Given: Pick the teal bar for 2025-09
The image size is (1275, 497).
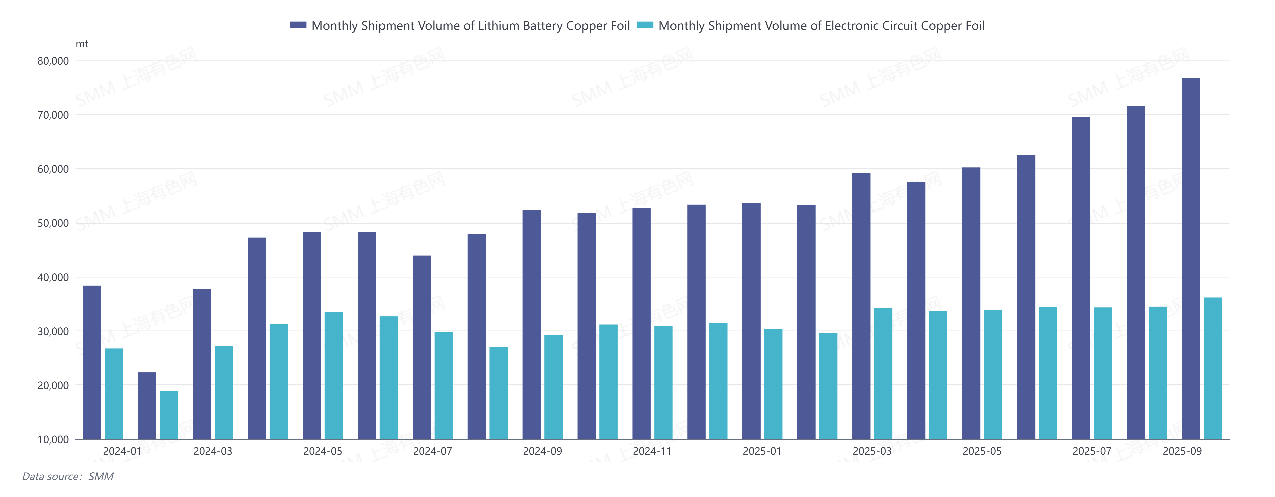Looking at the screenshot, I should tap(1213, 368).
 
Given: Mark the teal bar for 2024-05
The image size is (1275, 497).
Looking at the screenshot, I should tap(334, 376).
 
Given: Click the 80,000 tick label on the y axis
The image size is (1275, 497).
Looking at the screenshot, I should tap(53, 61).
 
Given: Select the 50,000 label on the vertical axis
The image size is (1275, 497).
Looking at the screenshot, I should tap(53, 223).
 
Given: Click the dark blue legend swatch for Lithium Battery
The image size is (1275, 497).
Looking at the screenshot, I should tap(298, 25).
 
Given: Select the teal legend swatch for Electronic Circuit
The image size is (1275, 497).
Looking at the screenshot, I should tap(645, 25).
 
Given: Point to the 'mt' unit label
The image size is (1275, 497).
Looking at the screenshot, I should tap(82, 44).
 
